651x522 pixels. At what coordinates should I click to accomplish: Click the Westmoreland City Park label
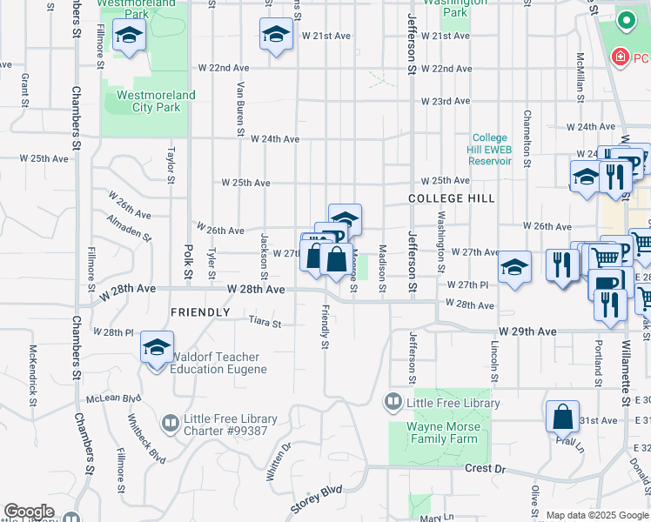point(156,102)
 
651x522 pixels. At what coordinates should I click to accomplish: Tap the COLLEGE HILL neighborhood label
point(452,199)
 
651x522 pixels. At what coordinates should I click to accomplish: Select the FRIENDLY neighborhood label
point(200,312)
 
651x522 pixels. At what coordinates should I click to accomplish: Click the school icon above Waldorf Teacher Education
point(157,348)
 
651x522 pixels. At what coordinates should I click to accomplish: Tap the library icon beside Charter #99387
point(171,424)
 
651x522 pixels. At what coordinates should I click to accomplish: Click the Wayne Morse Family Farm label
point(442,433)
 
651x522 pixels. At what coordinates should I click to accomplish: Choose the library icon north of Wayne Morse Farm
point(393,401)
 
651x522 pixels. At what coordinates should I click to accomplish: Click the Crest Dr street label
point(486,468)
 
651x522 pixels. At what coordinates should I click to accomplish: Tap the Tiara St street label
point(265,324)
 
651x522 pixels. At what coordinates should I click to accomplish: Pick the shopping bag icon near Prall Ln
point(563,418)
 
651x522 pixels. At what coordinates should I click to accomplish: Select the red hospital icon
point(620,57)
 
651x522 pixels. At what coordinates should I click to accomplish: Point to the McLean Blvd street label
point(114,398)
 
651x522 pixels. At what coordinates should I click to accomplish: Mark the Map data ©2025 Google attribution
point(596,515)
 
